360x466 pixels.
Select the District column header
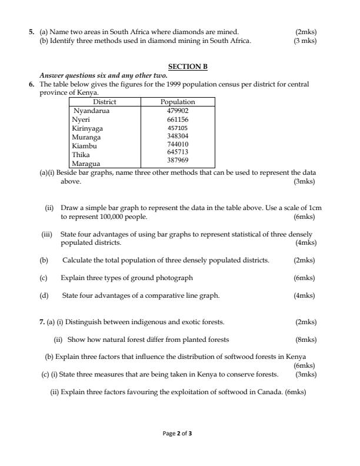click(x=105, y=102)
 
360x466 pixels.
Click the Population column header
click(x=178, y=102)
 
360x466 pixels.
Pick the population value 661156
click(x=178, y=119)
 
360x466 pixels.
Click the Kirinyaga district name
click(x=87, y=128)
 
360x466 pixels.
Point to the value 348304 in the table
click(x=178, y=136)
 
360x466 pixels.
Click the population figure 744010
click(x=178, y=144)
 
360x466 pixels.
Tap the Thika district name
click(x=81, y=154)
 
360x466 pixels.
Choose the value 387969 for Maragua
click(x=178, y=159)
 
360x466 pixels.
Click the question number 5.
click(x=32, y=31)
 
